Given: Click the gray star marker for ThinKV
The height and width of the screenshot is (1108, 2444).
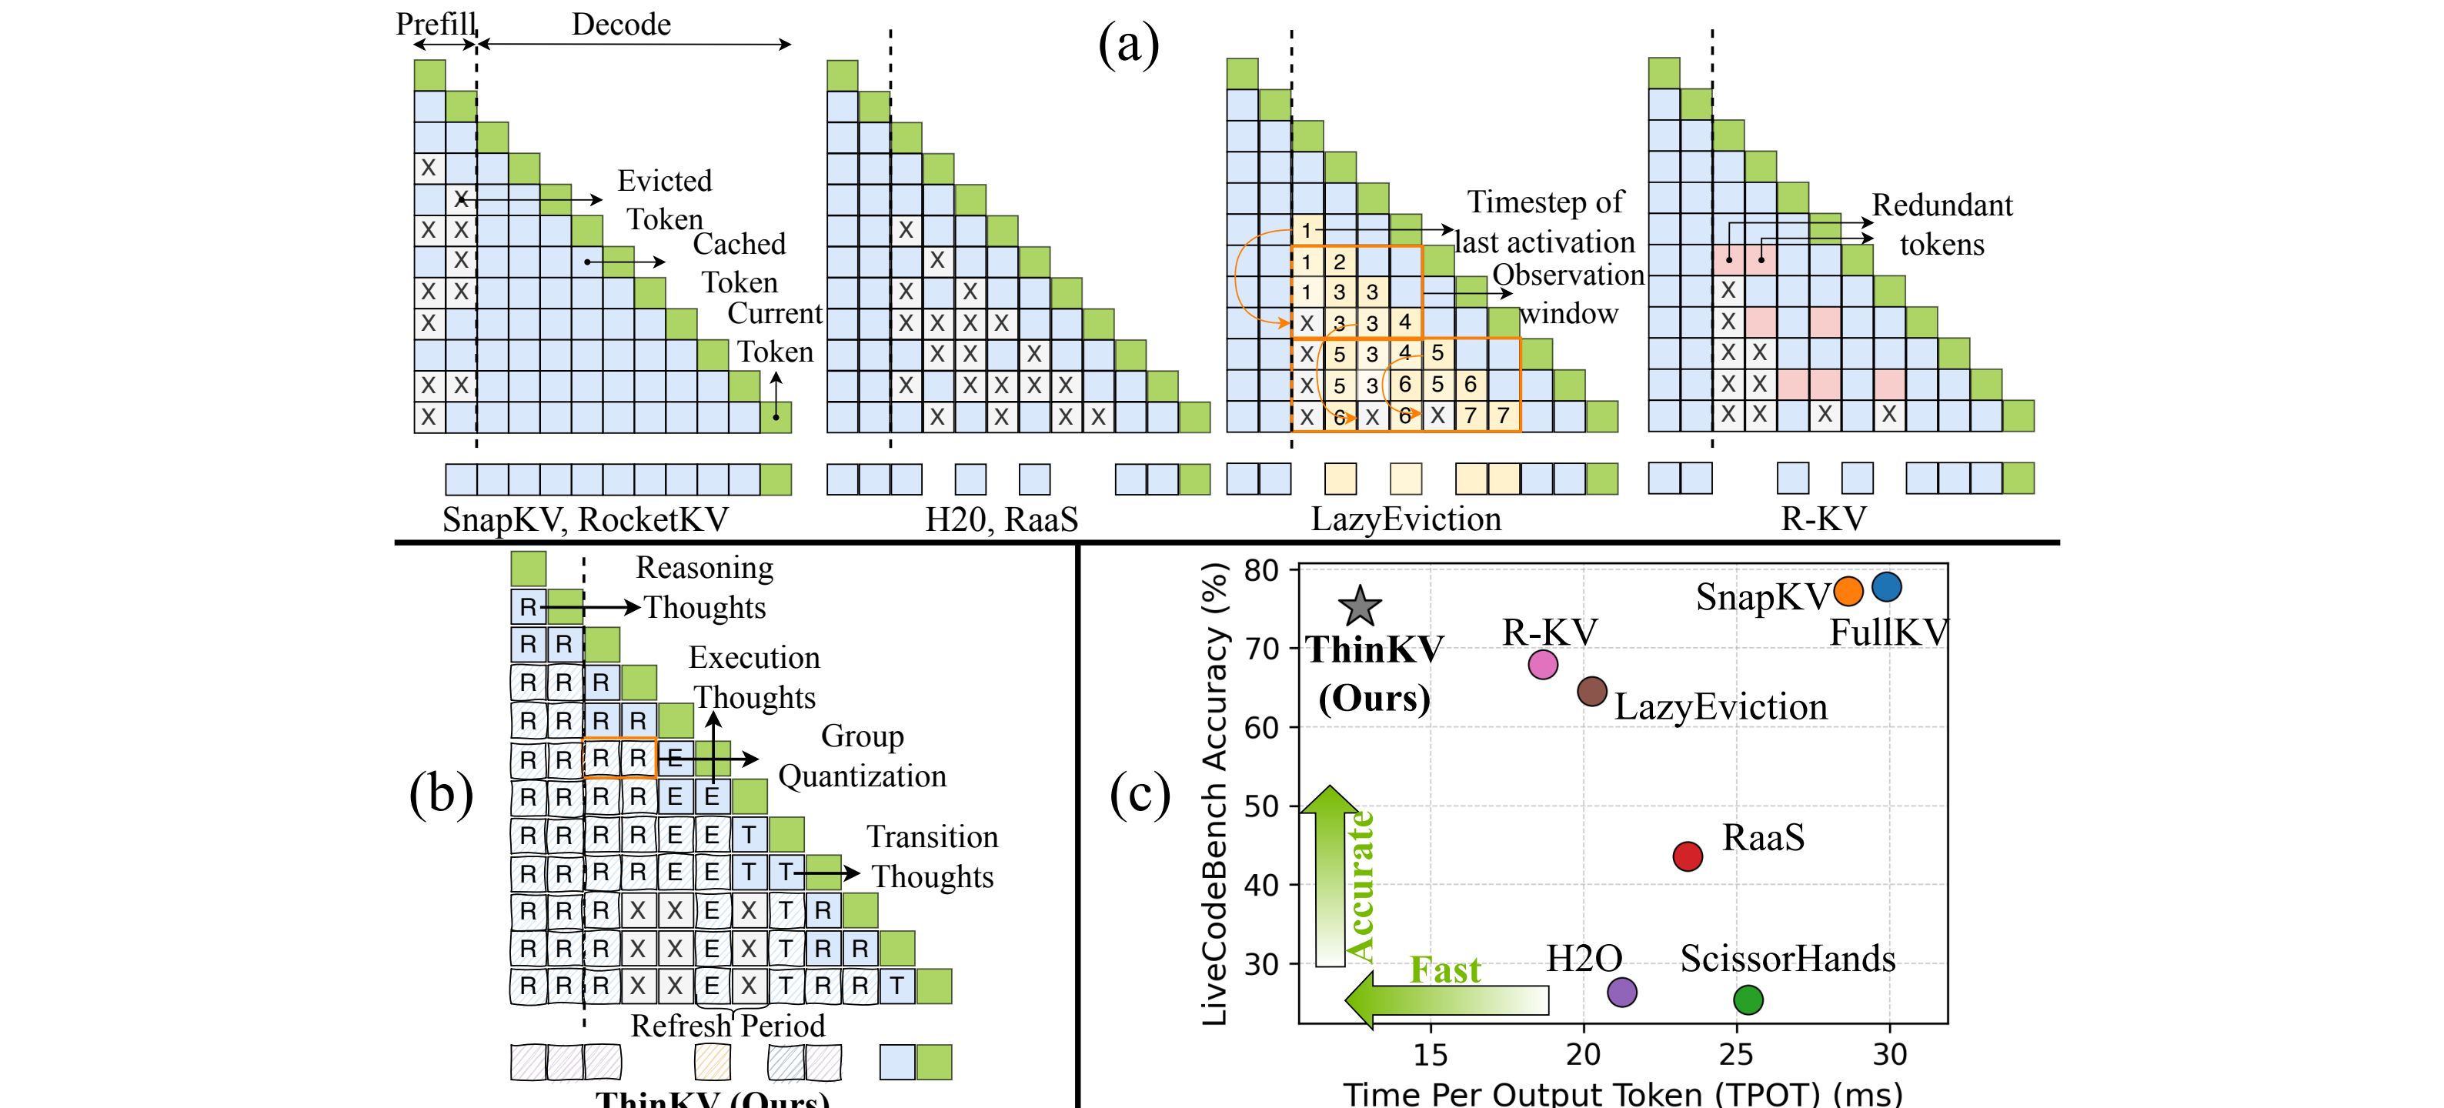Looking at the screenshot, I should point(1360,606).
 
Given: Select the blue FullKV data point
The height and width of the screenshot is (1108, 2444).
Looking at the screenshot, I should point(1887,587).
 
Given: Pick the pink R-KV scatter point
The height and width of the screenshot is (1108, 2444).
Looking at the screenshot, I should point(1544,665).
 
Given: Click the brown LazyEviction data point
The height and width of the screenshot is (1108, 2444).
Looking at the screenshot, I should point(1592,692).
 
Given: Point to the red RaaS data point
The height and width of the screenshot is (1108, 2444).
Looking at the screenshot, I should point(1688,856).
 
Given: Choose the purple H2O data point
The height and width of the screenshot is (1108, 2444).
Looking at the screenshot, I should point(1622,993).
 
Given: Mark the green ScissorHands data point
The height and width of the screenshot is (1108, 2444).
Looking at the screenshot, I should point(1748,999).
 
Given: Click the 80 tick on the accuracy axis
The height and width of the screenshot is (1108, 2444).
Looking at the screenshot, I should point(1262,570).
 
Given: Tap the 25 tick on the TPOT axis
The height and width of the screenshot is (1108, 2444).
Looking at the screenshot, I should point(1736,1054).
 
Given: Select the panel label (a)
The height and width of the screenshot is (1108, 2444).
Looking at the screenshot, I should point(1128,45).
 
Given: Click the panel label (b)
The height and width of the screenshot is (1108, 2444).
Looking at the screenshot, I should point(441,794).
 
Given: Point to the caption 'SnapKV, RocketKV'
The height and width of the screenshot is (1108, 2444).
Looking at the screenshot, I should point(586,520).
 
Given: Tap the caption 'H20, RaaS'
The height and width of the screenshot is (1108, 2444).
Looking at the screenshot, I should point(1001,520).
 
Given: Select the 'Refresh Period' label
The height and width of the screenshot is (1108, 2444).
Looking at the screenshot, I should point(728,1026).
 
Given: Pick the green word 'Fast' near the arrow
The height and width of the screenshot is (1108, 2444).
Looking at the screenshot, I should point(1445,969).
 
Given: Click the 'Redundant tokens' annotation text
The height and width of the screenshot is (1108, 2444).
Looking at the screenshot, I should point(1942,225).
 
